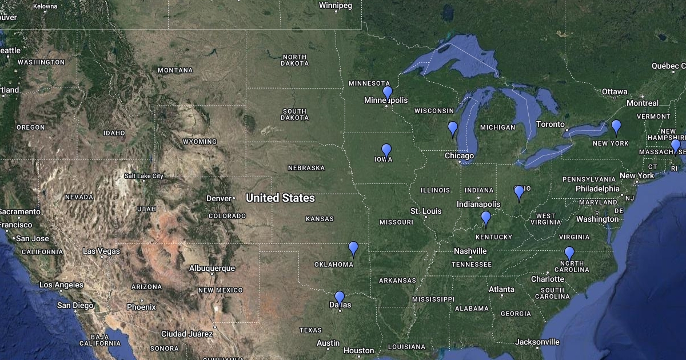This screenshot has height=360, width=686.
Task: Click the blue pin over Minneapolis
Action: [388, 93]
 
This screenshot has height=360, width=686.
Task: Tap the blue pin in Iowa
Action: [386, 150]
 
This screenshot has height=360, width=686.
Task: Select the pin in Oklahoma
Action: [353, 249]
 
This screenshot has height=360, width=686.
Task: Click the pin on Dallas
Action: [340, 298]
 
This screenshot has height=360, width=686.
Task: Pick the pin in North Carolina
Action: [569, 253]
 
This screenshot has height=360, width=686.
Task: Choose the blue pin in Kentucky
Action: [486, 218]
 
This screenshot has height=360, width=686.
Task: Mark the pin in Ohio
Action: [519, 192]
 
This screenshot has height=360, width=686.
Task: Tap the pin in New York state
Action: [616, 126]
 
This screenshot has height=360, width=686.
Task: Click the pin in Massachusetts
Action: [676, 146]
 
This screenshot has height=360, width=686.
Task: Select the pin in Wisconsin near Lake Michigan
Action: [453, 128]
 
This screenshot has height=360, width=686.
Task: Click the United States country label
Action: [280, 198]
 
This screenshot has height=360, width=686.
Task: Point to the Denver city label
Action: [218, 198]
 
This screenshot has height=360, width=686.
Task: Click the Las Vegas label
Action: [101, 251]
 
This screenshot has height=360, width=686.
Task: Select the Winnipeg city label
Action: [336, 6]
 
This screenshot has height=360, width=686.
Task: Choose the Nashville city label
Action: [470, 251]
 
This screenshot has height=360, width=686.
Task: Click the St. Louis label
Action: [426, 211]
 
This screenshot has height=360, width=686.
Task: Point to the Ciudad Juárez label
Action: [187, 334]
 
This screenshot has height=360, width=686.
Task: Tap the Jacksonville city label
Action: [537, 342]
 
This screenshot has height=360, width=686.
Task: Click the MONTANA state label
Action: [175, 70]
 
